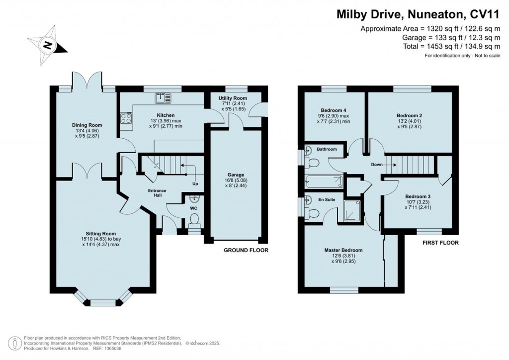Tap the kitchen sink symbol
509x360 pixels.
(162, 98)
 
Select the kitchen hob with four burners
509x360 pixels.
(125, 118)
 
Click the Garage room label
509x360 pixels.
(235, 175)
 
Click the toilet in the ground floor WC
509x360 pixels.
(194, 219)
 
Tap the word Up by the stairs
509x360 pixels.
(196, 184)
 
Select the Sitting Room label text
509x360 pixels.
(101, 233)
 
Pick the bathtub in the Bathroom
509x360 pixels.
(324, 181)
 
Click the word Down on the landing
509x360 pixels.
(376, 164)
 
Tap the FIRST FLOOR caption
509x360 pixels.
(440, 243)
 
